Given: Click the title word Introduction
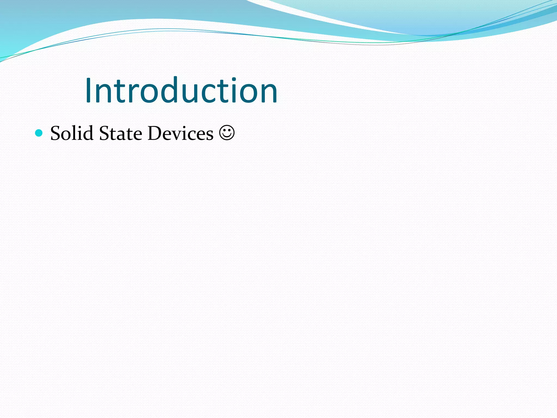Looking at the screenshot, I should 181,90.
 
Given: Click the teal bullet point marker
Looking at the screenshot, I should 39,133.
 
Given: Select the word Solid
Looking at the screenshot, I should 72,133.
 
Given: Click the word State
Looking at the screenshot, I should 120,133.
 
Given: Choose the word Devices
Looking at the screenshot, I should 180,133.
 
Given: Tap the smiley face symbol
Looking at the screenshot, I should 227,133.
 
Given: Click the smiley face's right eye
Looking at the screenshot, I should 230,130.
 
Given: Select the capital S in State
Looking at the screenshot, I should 104,133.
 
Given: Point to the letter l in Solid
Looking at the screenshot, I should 75,133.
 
